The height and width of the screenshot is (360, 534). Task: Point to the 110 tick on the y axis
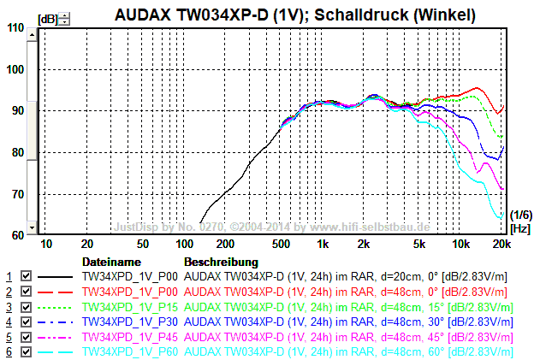pos(15,27)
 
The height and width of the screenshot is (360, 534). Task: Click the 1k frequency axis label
pos(322,244)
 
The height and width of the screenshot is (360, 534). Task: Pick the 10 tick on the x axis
pos(46,244)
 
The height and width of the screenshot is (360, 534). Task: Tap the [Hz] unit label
pos(519,228)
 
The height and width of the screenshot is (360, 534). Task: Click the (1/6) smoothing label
pos(520,215)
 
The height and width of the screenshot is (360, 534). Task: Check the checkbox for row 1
pos(26,277)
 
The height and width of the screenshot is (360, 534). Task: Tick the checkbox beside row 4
pos(26,322)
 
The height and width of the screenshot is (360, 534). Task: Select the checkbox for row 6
pos(26,351)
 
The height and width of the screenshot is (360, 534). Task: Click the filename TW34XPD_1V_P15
pos(129,307)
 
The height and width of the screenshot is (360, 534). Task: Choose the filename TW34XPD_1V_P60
pos(129,351)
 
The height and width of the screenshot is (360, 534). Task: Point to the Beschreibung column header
pos(221,261)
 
